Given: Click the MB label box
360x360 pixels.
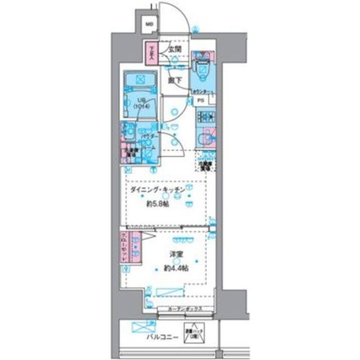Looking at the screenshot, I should [x=149, y=24].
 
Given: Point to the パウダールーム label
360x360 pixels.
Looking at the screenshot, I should [x=150, y=140].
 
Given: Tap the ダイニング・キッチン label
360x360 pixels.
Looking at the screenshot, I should [x=157, y=192].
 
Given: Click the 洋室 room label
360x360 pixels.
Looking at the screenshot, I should [x=178, y=254].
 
